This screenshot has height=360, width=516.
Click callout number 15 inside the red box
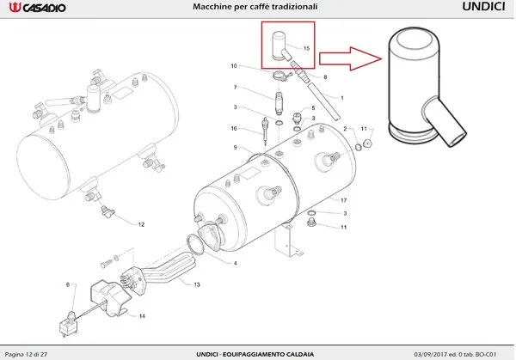(x=306, y=48)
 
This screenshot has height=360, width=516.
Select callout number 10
(x=233, y=66)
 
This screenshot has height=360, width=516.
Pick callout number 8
(x=324, y=77)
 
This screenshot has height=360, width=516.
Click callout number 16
(x=233, y=128)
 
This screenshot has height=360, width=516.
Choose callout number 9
(x=234, y=148)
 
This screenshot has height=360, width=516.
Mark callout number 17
(x=342, y=199)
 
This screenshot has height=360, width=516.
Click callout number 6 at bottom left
(x=67, y=284)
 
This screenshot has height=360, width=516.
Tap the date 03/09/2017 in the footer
(x=431, y=354)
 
